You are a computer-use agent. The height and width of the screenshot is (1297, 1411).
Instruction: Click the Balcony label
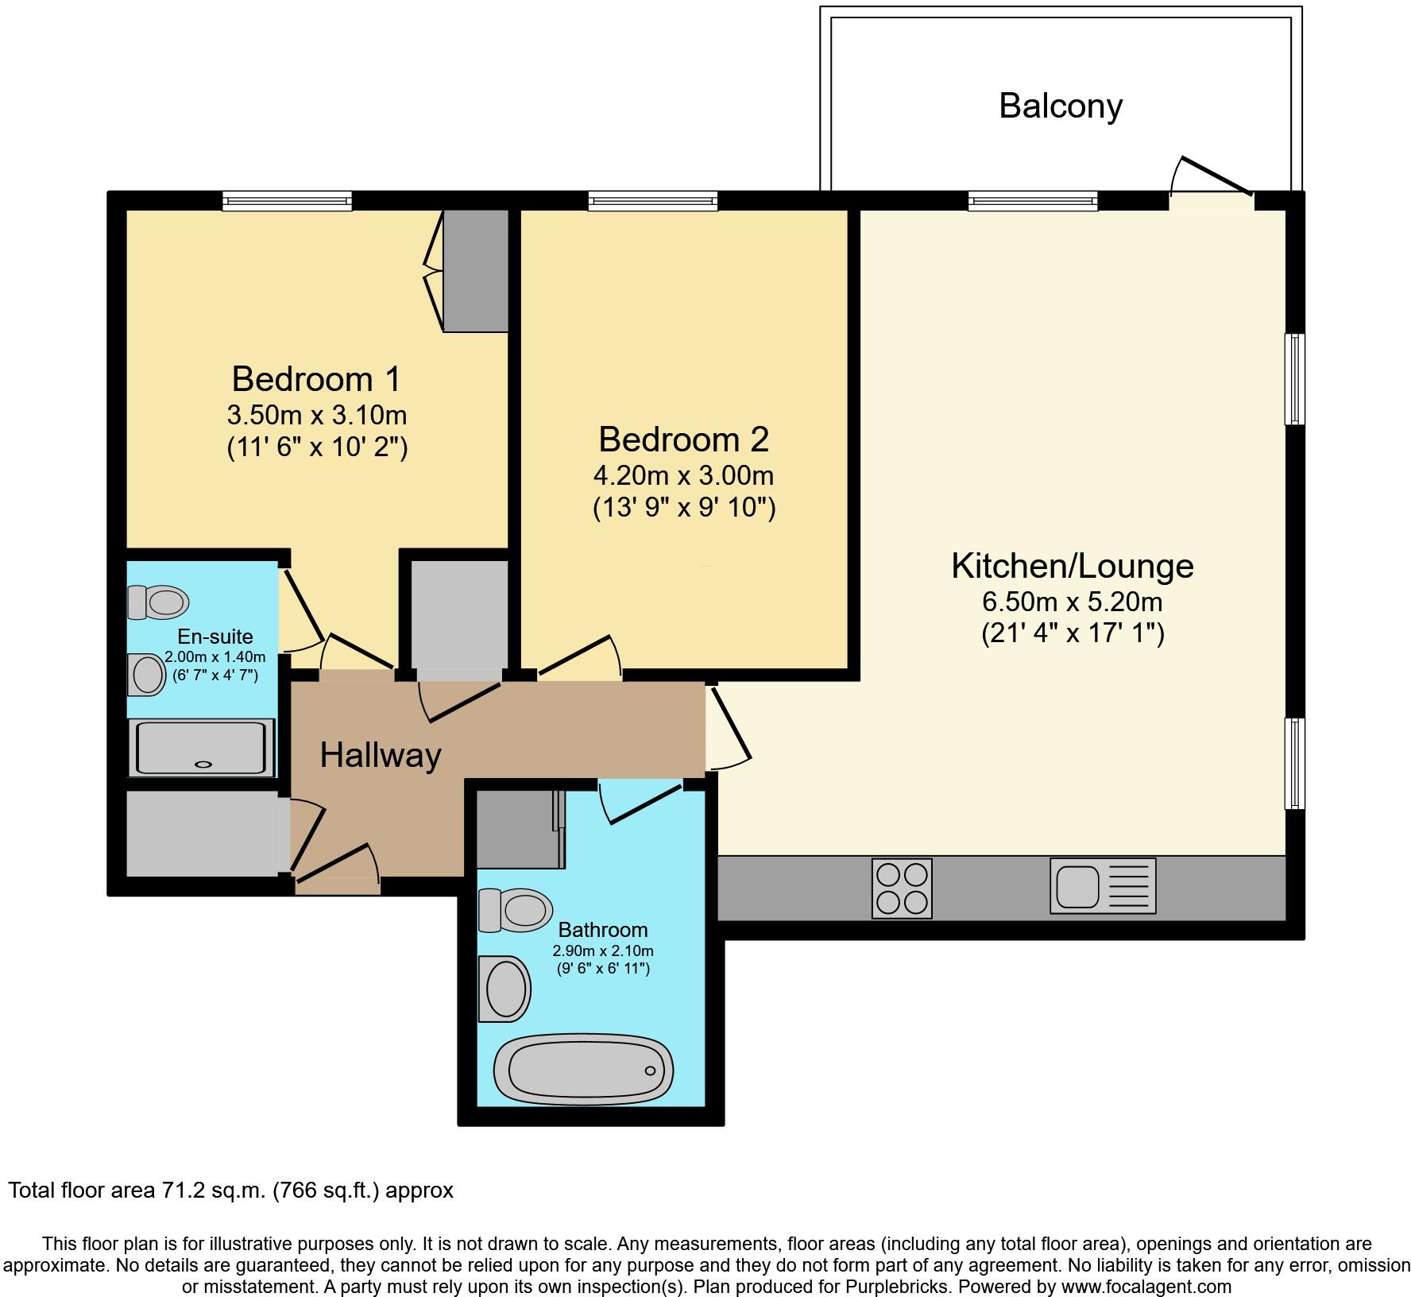click(x=1060, y=106)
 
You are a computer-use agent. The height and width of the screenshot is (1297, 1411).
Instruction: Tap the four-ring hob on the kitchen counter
click(x=901, y=889)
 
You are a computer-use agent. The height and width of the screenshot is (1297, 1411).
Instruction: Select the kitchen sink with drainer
click(x=1102, y=885)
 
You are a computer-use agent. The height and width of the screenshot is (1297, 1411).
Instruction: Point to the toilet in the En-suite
click(x=158, y=602)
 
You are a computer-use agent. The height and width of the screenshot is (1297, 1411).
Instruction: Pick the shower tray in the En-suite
click(x=203, y=747)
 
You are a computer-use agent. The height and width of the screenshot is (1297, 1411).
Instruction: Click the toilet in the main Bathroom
click(x=515, y=909)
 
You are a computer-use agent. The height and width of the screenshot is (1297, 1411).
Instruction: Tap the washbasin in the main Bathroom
click(x=504, y=988)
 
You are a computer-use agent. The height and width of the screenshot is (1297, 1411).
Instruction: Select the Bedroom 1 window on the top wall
click(x=287, y=200)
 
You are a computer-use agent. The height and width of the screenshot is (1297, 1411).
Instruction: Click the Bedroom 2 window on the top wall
click(x=652, y=200)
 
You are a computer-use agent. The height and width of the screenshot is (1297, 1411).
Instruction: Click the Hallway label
click(x=380, y=755)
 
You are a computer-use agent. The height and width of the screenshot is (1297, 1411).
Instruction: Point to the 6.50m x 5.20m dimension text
click(x=1072, y=601)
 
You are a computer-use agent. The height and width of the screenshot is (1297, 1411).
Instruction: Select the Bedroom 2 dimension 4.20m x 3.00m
click(x=683, y=475)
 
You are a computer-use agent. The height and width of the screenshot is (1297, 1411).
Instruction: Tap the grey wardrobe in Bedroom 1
click(x=475, y=270)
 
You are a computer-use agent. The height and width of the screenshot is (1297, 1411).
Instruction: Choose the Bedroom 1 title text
click(x=316, y=379)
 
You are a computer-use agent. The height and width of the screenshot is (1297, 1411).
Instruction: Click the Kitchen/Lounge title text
click(x=1072, y=566)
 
